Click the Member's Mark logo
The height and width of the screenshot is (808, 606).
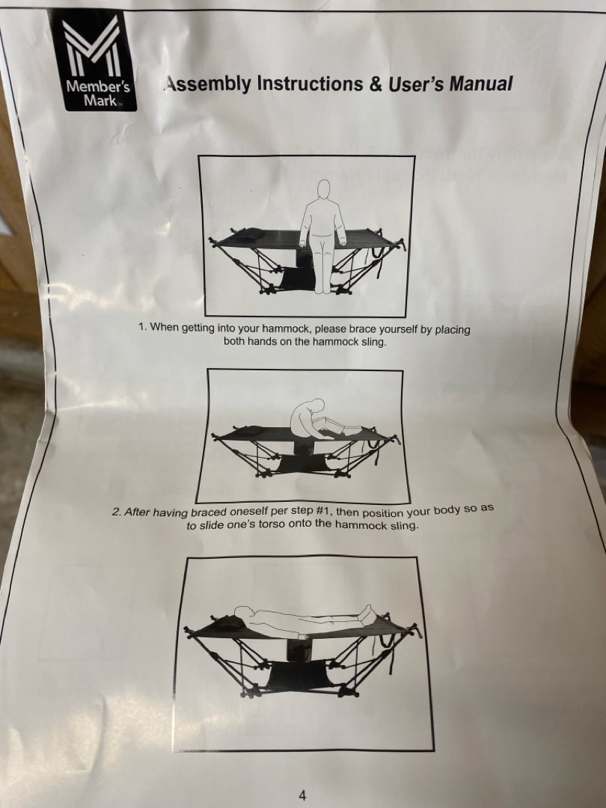(93, 61)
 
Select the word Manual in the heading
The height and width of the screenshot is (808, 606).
(481, 84)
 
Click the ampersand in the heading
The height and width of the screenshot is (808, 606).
(375, 84)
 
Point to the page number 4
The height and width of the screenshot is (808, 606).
(302, 795)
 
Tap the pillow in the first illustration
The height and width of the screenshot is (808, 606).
(248, 235)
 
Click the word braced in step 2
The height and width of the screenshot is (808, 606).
(209, 512)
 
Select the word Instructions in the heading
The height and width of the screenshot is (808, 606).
(310, 84)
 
